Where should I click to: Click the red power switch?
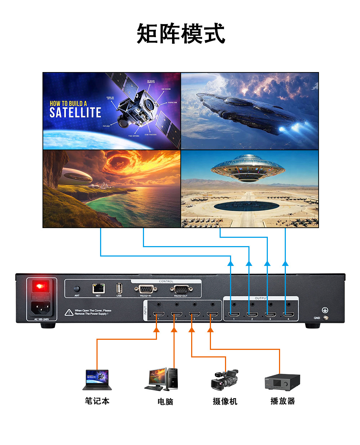[x=40, y=287]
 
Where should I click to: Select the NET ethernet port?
[x=98, y=288]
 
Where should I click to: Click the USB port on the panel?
[x=119, y=288]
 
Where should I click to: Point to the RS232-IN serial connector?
[x=145, y=289]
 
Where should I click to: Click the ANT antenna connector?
[x=77, y=289]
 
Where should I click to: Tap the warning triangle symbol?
[x=69, y=312]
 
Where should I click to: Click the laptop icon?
[x=97, y=380]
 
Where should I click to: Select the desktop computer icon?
[x=162, y=379]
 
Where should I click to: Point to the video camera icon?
[x=225, y=380]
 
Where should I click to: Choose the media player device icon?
[x=282, y=382]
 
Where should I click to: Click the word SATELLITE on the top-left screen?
[x=75, y=113]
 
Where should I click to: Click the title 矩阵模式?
[x=181, y=34]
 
